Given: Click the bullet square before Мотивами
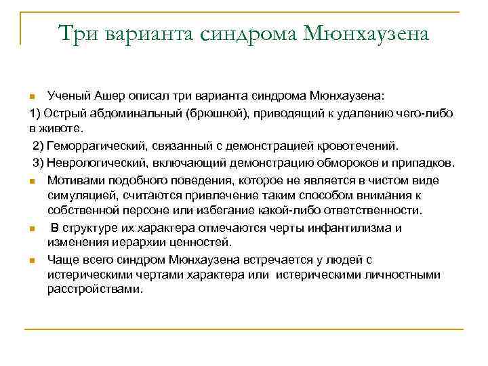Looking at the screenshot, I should [x=33, y=181].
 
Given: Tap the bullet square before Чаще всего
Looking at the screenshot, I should [x=33, y=260].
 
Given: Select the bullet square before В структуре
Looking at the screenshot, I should [x=33, y=228].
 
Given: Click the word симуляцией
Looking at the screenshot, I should [x=78, y=195].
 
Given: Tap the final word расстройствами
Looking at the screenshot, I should [x=94, y=289].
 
